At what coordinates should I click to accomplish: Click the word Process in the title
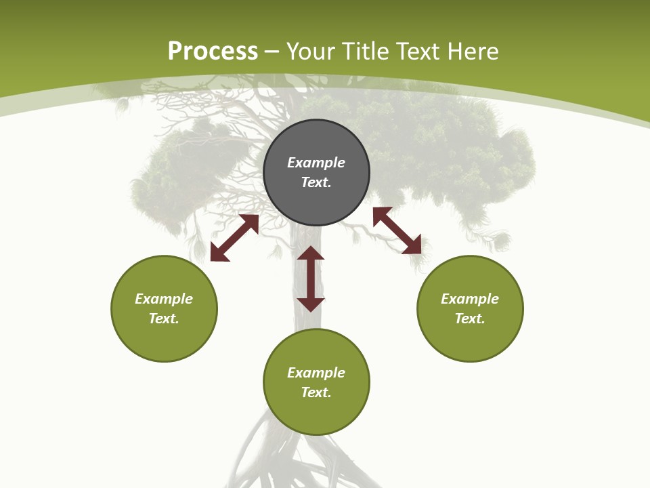point(213,52)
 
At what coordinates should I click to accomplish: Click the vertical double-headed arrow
point(311,279)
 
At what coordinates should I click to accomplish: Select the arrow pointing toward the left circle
point(234,238)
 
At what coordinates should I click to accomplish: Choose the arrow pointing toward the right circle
point(397,230)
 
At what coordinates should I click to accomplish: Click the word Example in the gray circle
point(316,163)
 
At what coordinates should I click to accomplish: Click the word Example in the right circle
point(470,299)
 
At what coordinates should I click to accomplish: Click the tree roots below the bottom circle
point(298,461)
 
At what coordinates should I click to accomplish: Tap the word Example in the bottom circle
point(316,373)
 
